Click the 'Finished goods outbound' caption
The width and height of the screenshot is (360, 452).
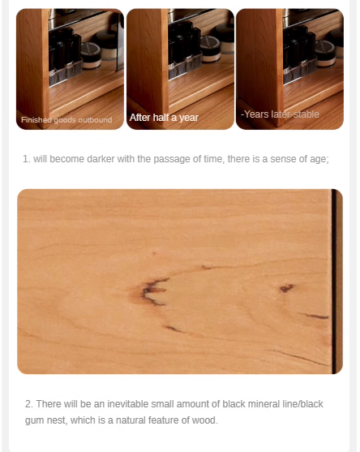(66, 120)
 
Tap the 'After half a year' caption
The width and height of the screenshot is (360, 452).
(164, 118)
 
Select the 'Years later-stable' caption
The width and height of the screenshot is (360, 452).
(280, 114)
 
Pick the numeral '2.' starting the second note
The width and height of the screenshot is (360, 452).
(28, 403)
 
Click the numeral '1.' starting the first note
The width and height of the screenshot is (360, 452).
(27, 159)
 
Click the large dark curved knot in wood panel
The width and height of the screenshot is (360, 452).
(152, 291)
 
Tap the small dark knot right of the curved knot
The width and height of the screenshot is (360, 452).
(286, 288)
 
